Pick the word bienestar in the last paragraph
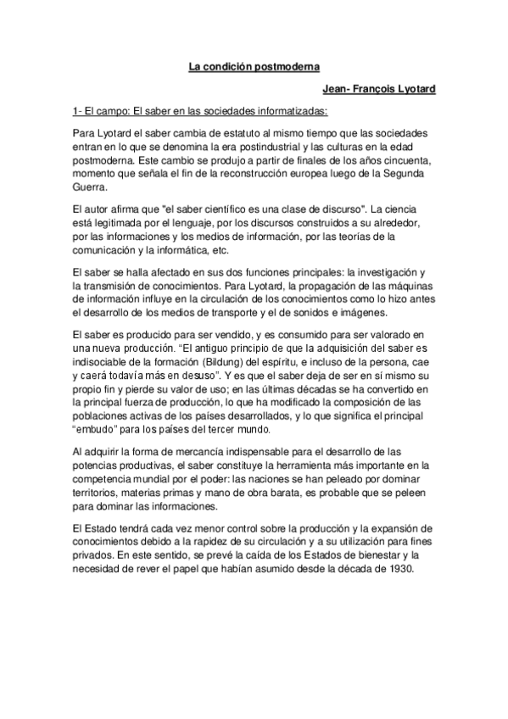click(355, 555)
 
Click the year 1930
click(394, 567)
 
